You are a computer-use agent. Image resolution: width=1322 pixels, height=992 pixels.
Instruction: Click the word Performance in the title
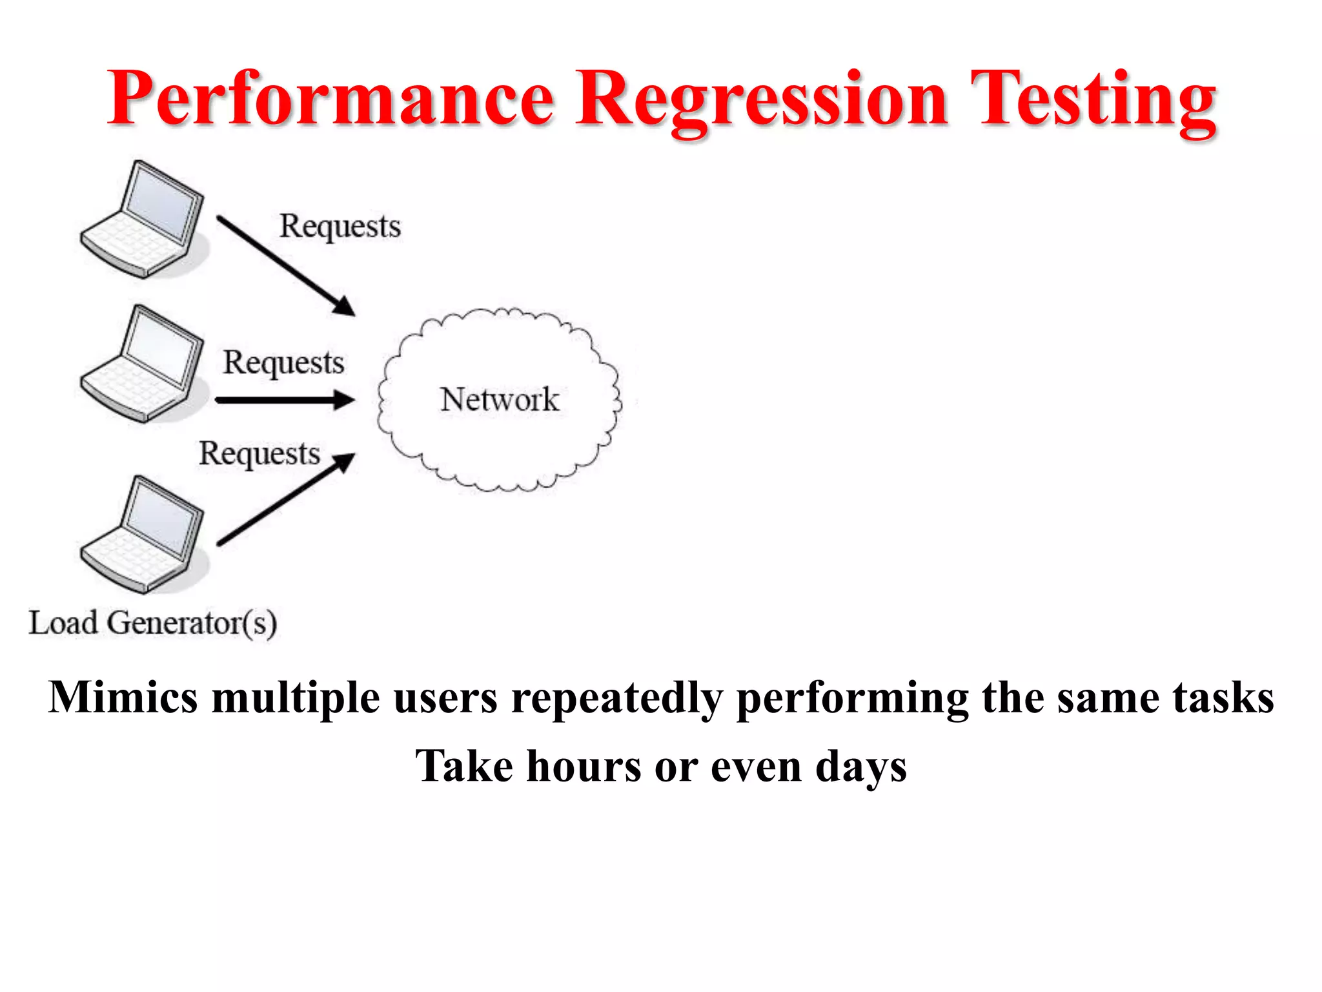coord(331,98)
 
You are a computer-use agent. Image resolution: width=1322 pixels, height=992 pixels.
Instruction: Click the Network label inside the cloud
coord(500,399)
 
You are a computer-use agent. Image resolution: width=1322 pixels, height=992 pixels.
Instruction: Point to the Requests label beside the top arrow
coord(340,227)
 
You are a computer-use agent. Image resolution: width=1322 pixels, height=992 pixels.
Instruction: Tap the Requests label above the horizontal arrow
coord(283,362)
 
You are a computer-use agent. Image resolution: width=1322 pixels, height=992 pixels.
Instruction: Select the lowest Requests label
coord(259,453)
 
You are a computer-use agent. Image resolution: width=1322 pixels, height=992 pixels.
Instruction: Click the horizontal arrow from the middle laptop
coord(284,400)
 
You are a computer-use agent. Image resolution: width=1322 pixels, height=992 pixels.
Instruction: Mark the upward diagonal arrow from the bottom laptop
coord(284,501)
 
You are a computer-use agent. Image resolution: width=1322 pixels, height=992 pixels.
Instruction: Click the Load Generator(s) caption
coord(153,623)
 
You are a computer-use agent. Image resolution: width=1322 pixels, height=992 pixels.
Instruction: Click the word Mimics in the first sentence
coord(123,697)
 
